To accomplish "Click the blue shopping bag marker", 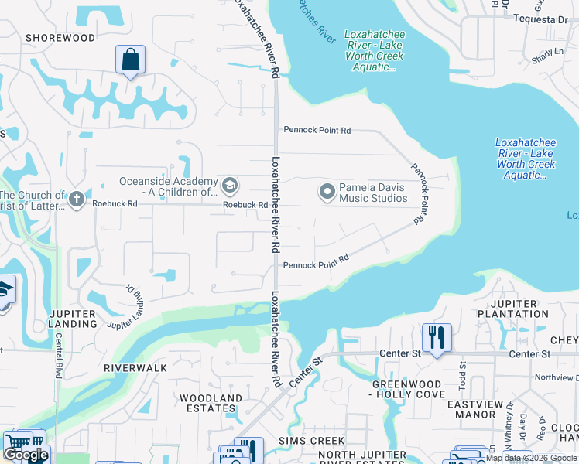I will [x=130, y=60].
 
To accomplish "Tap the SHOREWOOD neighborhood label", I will [x=60, y=38].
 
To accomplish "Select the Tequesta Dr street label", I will [x=543, y=19].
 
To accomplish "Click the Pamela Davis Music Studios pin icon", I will [x=327, y=191].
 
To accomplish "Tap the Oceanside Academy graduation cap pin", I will [x=229, y=186].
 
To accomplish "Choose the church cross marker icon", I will [x=76, y=200].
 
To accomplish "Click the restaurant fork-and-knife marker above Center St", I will [x=437, y=336].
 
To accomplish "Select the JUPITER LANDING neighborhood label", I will [x=72, y=318].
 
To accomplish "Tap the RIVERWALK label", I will [x=135, y=368].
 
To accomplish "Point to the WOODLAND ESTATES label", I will [x=211, y=403].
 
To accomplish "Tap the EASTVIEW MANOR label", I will [x=475, y=409].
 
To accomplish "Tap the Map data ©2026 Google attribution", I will [x=531, y=458].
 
